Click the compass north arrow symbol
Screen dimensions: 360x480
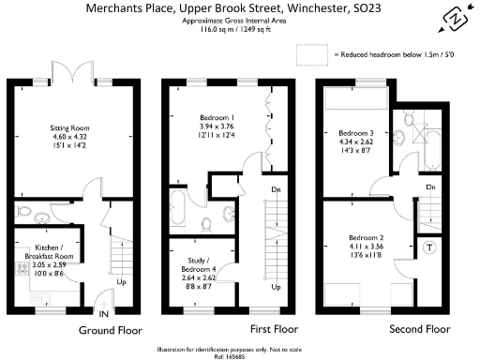click(x=457, y=18)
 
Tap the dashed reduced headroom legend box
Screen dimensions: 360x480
click(x=312, y=56)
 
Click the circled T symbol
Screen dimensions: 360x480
click(x=429, y=247)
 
